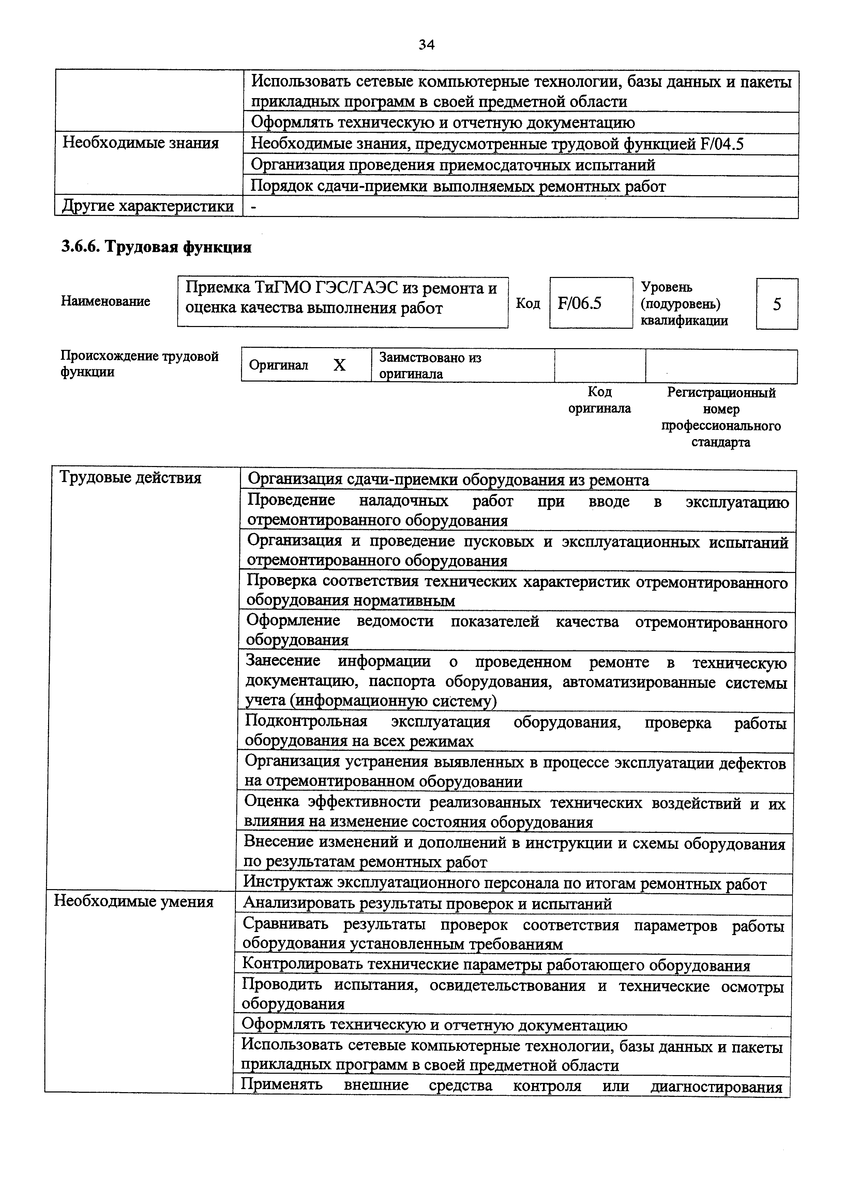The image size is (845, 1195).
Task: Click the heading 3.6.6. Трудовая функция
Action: [x=156, y=247]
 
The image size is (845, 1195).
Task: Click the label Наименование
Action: [x=105, y=301]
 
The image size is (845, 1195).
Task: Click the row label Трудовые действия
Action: [x=130, y=477]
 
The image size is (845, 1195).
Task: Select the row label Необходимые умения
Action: [x=134, y=901]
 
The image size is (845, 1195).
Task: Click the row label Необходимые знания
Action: [x=140, y=143]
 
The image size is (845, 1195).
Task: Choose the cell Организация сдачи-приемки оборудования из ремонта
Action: [x=448, y=480]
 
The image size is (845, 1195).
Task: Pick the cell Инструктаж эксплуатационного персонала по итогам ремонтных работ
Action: [x=505, y=884]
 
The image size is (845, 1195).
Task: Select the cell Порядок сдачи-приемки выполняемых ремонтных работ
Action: [x=458, y=186]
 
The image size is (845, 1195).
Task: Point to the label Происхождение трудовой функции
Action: [x=139, y=364]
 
